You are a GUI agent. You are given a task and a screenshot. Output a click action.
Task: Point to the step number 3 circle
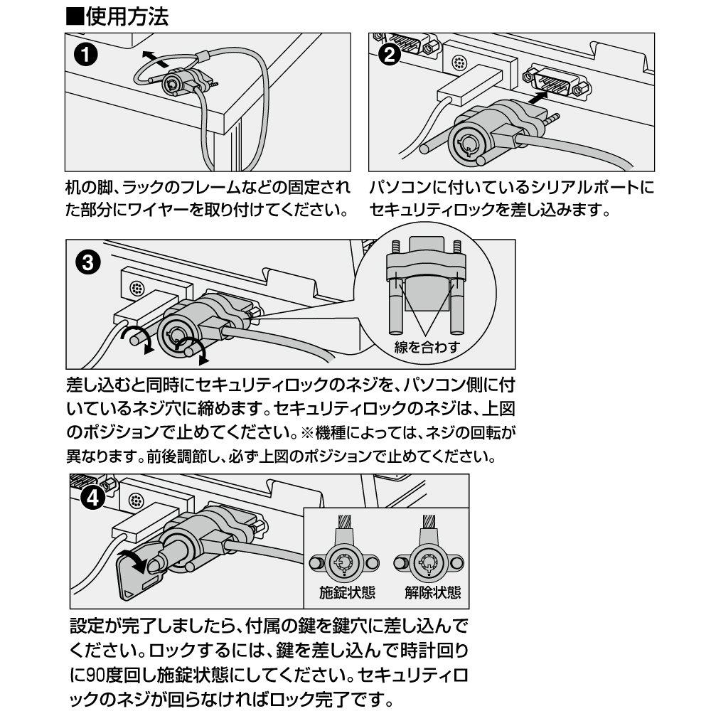click(x=87, y=264)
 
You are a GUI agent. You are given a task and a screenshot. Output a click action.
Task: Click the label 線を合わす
click(x=427, y=348)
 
